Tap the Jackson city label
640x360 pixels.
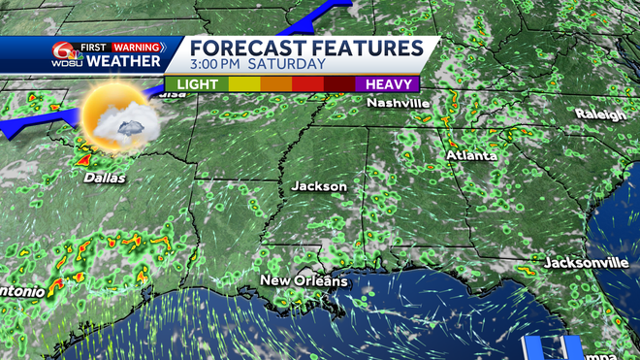[x=319, y=185]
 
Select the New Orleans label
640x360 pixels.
[x=303, y=280]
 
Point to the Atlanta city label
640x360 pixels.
[x=471, y=155]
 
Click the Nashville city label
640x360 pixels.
[x=399, y=104]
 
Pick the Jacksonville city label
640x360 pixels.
[x=586, y=263]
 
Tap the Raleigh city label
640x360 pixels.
[x=600, y=113]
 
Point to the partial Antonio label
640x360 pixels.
[x=17, y=291]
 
